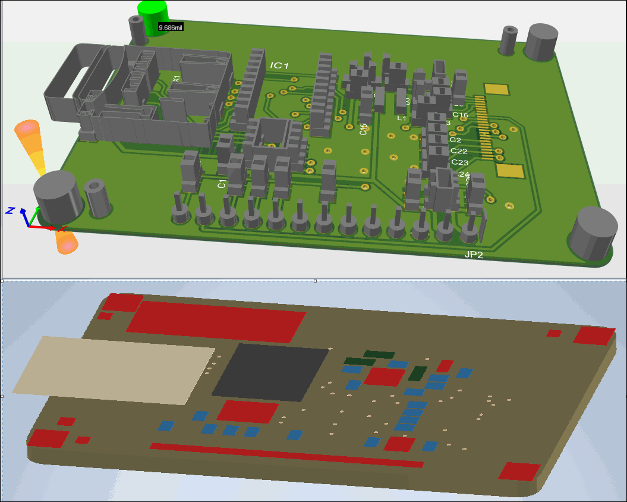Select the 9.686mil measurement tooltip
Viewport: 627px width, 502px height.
coord(170,27)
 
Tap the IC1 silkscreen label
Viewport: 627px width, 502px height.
coord(279,65)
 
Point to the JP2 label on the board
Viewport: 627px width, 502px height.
coord(474,255)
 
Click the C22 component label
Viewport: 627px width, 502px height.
coord(459,151)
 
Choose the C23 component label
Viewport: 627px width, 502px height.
coord(459,162)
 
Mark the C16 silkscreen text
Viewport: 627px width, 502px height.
coord(460,115)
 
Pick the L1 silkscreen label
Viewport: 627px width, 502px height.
coord(402,118)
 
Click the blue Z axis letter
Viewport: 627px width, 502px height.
coord(10,210)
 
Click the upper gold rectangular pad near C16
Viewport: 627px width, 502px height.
coord(497,89)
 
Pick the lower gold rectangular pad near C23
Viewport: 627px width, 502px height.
coord(511,171)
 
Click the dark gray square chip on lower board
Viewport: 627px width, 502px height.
coord(270,372)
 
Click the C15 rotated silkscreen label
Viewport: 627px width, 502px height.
coord(363,129)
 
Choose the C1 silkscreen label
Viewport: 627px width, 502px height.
coord(222,184)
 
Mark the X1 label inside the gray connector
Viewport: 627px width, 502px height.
coord(177,79)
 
